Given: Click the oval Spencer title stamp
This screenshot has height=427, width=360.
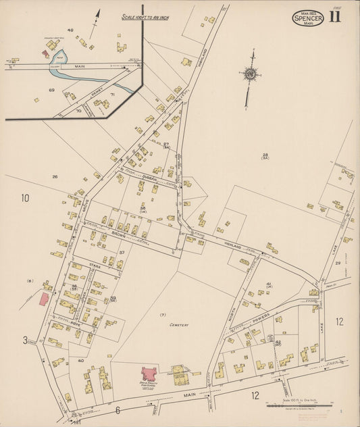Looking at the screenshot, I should (307, 18).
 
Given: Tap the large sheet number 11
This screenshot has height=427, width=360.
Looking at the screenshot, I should (335, 17).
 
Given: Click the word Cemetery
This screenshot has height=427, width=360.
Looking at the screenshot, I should (178, 324).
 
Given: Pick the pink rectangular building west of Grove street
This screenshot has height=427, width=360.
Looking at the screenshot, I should (43, 299).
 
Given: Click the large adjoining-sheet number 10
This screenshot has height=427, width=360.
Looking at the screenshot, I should (25, 198).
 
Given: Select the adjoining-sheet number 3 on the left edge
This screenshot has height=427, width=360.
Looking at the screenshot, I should (25, 340).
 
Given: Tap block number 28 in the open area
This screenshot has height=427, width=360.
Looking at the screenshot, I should (265, 155).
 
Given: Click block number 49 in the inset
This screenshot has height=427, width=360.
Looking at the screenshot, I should (70, 30).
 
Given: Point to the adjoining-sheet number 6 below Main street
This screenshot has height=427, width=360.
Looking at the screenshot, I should (117, 409).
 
